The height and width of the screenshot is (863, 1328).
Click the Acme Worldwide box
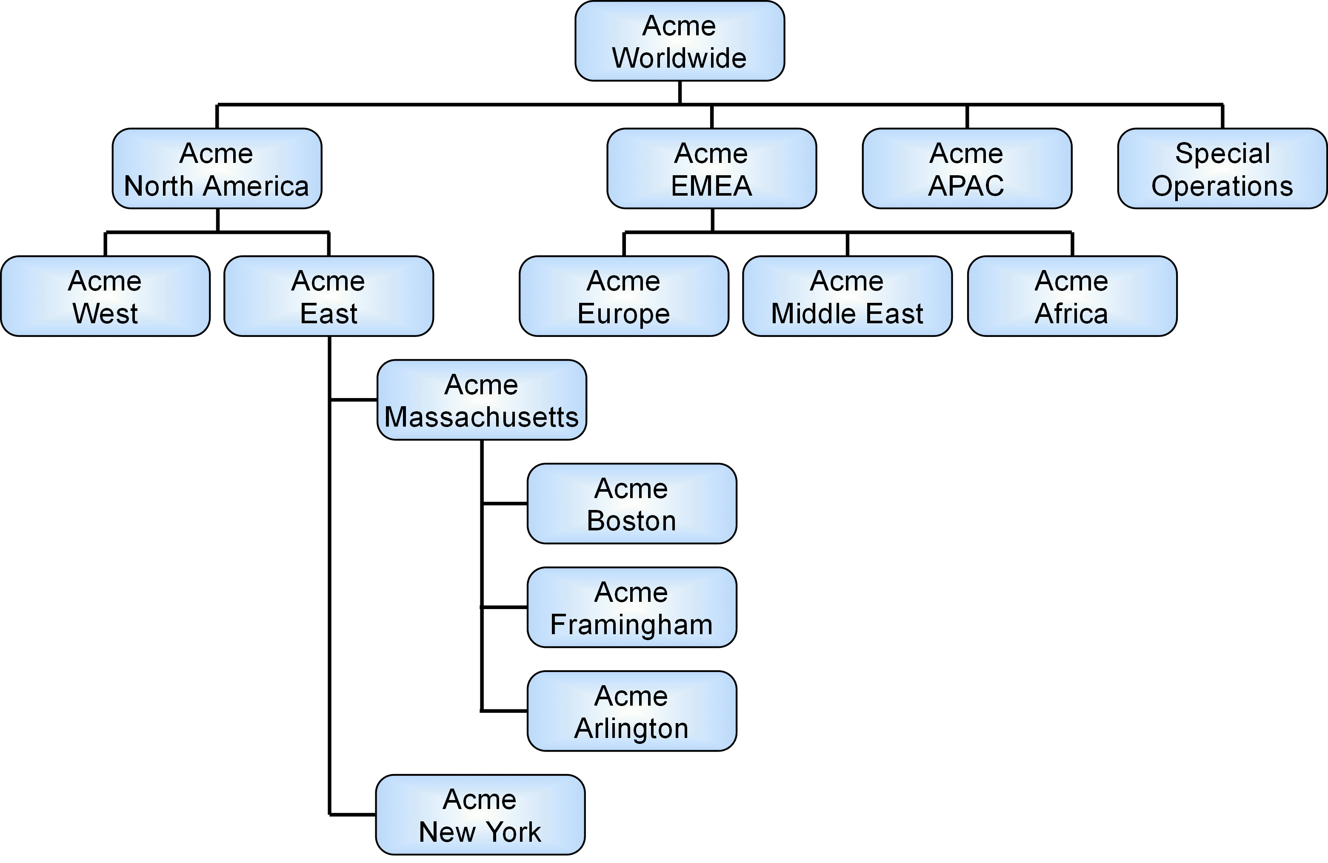[x=680, y=41]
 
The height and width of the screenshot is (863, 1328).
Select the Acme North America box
[x=217, y=168]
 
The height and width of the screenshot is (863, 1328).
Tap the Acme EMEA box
[x=711, y=168]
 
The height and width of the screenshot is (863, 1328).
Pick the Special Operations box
[x=1222, y=168]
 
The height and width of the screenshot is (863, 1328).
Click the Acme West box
[x=105, y=296]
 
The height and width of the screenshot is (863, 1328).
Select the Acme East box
[x=328, y=296]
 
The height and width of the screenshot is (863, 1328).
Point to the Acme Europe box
[x=624, y=296]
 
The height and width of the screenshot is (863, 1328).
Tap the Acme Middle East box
[x=847, y=296]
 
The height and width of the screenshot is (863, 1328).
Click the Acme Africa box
[x=1072, y=296]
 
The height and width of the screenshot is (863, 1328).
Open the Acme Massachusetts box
[x=482, y=400]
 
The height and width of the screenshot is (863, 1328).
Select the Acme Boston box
[x=631, y=504]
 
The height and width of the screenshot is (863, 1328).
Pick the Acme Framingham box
[x=631, y=607]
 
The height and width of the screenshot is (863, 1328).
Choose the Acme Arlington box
[x=631, y=711]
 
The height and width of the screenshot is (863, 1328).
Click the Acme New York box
[x=480, y=815]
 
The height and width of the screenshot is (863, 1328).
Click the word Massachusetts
[x=482, y=417]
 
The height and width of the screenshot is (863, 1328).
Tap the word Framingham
[x=631, y=625]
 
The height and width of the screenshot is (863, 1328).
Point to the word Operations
[x=1222, y=186]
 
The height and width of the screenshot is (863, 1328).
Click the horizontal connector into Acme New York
[x=353, y=815]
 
